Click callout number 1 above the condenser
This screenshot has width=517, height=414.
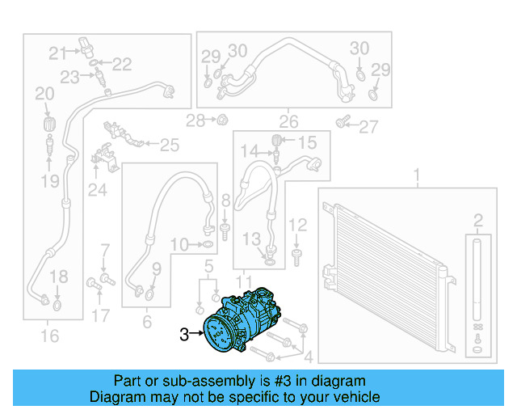(417, 175)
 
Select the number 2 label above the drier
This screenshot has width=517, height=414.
(478, 219)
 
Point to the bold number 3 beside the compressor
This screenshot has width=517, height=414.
(184, 333)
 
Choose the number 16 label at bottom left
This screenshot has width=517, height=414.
(49, 335)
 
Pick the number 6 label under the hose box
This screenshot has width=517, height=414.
(146, 321)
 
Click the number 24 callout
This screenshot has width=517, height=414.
(98, 190)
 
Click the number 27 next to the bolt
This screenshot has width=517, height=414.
(368, 126)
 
